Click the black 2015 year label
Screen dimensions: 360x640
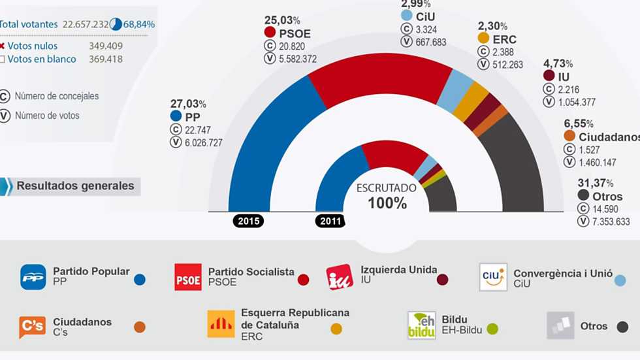pyautogui.click(x=249, y=221)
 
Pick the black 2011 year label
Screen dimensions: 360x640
pyautogui.click(x=330, y=221)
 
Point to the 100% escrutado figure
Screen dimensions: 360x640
pyautogui.click(x=387, y=203)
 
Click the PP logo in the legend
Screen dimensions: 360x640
pyautogui.click(x=33, y=277)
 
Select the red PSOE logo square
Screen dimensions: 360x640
pyautogui.click(x=188, y=277)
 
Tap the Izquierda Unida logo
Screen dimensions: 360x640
pyautogui.click(x=340, y=277)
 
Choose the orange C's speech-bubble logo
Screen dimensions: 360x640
pyautogui.click(x=32, y=326)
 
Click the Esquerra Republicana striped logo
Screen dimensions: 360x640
pyautogui.click(x=221, y=323)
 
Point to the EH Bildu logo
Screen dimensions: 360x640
pyautogui.click(x=421, y=325)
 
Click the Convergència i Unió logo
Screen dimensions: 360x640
pyautogui.click(x=493, y=277)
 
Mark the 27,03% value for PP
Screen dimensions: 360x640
pyautogui.click(x=188, y=103)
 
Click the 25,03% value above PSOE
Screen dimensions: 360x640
pyautogui.click(x=282, y=20)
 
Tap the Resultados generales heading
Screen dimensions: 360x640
pyautogui.click(x=75, y=186)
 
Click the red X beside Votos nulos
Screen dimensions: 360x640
pyautogui.click(x=2, y=46)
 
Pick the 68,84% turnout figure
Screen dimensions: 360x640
pyautogui.click(x=139, y=24)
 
